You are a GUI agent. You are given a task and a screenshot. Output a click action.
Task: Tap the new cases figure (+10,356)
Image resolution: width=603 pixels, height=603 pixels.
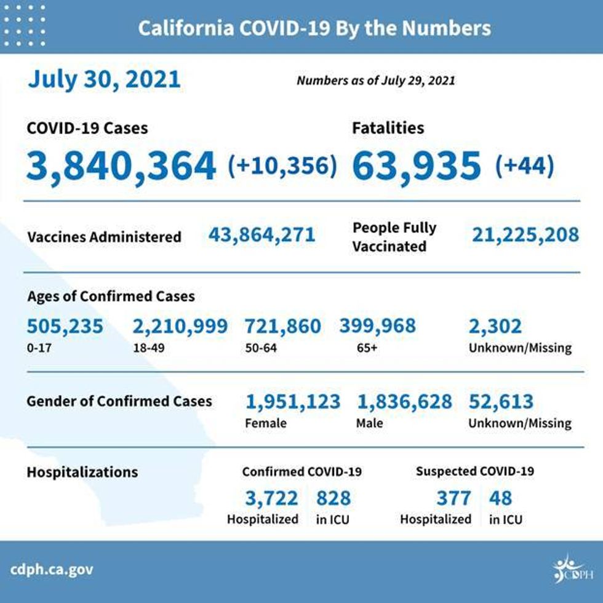tap(282, 166)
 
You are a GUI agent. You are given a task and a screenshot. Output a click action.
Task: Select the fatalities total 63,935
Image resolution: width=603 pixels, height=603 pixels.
tap(417, 166)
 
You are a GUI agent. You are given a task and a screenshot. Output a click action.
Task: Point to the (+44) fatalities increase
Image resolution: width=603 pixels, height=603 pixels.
tap(524, 166)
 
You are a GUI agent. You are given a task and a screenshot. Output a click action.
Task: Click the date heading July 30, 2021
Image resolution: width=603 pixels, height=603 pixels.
tap(104, 79)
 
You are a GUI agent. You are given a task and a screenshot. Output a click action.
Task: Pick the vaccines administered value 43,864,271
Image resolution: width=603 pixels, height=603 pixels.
tap(262, 234)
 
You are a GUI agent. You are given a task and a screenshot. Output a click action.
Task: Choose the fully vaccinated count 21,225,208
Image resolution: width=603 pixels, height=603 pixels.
tap(525, 234)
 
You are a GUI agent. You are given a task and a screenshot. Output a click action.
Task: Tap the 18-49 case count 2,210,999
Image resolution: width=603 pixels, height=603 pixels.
tap(180, 326)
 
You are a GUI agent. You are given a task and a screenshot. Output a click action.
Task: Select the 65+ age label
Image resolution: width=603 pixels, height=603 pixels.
tap(367, 348)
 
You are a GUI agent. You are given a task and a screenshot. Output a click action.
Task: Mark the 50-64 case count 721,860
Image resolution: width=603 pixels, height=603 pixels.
tap(282, 326)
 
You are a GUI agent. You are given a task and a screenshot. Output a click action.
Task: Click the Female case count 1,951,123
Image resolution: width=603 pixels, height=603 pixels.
tap(292, 402)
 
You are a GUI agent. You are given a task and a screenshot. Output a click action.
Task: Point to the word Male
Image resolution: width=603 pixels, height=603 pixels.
tap(369, 423)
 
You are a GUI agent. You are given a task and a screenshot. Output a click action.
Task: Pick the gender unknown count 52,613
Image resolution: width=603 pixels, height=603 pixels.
tap(501, 402)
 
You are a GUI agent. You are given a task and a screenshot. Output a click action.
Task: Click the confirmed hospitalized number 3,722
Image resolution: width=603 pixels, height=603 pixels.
tap(271, 497)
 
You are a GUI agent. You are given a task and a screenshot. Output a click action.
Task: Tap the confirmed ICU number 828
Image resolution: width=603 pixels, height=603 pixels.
tap(333, 497)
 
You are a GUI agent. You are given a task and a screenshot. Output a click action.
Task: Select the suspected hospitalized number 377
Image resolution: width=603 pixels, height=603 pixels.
tap(453, 497)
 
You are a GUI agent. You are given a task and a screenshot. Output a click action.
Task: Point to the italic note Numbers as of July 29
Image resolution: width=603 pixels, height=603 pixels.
tap(375, 81)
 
